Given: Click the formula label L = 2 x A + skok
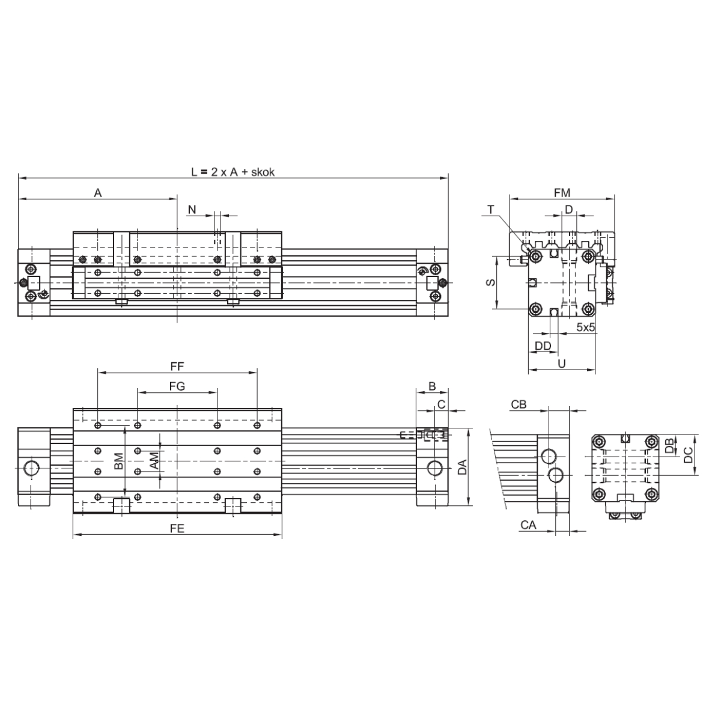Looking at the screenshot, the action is [x=233, y=172].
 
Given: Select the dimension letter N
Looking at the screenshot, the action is [x=192, y=210].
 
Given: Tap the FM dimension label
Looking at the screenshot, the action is [x=562, y=193].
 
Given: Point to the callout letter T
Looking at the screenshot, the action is [x=491, y=210].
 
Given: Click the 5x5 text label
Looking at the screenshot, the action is [x=586, y=327].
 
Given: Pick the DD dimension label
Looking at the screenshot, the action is [x=543, y=346].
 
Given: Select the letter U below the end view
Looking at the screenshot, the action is [x=562, y=364].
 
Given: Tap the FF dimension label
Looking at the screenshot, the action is [x=177, y=367].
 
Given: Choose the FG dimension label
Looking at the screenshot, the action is [x=177, y=386].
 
